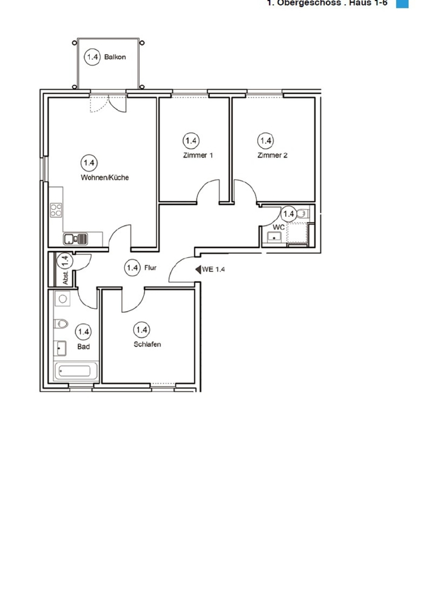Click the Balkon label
115,57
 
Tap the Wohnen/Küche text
104,178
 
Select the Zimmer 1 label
198,155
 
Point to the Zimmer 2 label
272,155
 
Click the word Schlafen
147,344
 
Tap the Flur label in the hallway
150,267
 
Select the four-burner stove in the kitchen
56,211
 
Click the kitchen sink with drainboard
76,239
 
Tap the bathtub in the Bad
72,371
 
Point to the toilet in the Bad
60,324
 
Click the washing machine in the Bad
62,299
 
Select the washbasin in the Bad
59,348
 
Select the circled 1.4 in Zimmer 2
265,141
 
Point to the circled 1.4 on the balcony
92,57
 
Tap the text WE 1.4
213,270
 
